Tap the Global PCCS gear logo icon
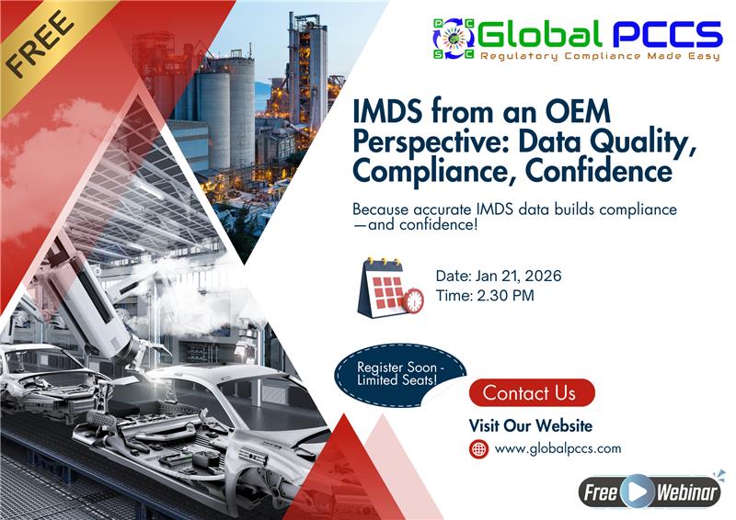(x=454, y=36)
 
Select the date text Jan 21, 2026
(x=516, y=277)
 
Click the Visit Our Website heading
(x=530, y=425)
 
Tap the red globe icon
(x=479, y=449)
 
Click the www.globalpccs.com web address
(x=558, y=449)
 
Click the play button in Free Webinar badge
(x=637, y=492)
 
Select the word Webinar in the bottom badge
(x=685, y=492)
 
